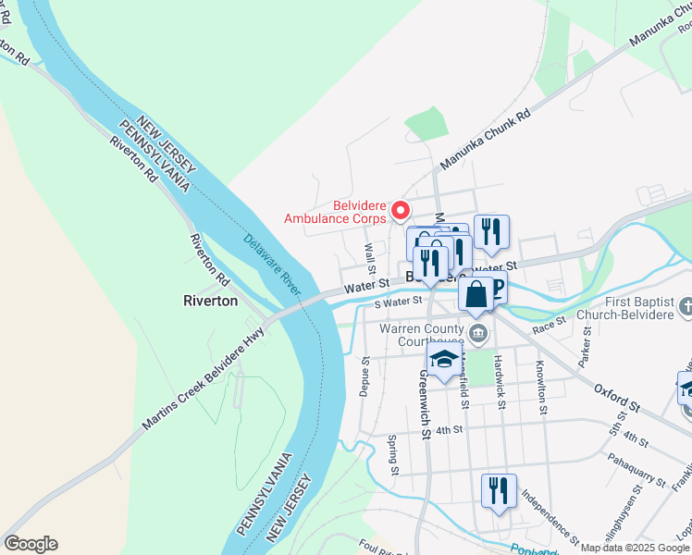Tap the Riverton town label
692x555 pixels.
click(211, 301)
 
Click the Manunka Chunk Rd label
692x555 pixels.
click(485, 140)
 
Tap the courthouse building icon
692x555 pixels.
click(477, 335)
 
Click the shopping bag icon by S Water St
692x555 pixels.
click(476, 295)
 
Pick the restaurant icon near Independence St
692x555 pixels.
click(499, 491)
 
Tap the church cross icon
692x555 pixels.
click(686, 306)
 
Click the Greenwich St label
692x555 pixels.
click(424, 403)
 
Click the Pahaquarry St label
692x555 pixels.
click(637, 468)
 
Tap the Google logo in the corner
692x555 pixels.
click(31, 544)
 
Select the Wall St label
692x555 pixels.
click(369, 253)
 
